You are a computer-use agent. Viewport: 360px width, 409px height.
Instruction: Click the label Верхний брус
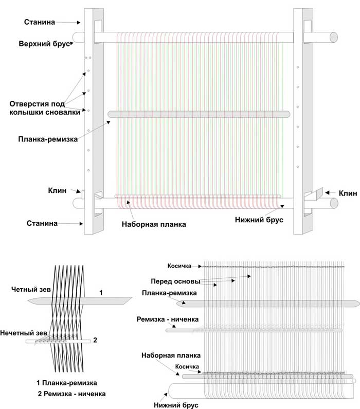coord(44,44)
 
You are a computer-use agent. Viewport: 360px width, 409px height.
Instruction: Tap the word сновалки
coord(63,113)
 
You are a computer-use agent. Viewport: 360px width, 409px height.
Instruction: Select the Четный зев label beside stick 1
coord(31,289)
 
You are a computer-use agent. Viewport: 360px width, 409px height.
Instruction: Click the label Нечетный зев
coord(24,333)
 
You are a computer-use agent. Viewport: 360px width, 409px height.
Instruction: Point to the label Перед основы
coord(175,281)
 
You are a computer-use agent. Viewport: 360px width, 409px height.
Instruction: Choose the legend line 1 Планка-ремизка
coord(67,383)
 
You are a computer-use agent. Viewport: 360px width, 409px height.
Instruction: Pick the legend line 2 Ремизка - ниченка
coord(71,394)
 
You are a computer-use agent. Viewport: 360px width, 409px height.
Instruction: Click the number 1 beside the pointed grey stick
coord(101,293)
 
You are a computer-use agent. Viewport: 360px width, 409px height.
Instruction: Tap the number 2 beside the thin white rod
coord(95,340)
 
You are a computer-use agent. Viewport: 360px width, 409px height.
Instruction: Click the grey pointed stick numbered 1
coord(80,301)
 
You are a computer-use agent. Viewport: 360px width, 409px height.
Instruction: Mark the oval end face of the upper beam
coord(334,38)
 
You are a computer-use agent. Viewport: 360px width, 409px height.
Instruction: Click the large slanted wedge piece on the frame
coord(318,194)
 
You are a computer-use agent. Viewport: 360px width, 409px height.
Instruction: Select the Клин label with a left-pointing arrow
coord(348,193)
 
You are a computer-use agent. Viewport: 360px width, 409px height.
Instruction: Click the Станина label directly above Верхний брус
coord(40,22)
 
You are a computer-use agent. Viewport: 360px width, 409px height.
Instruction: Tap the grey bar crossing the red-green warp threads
coord(199,114)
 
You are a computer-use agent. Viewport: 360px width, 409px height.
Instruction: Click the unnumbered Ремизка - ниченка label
coord(168,319)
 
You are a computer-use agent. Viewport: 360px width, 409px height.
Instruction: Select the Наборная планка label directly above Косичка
coord(171,355)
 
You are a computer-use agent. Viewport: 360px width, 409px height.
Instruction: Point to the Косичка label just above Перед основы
coord(179,266)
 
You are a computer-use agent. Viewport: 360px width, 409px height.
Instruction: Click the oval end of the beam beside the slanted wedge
coord(334,203)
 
